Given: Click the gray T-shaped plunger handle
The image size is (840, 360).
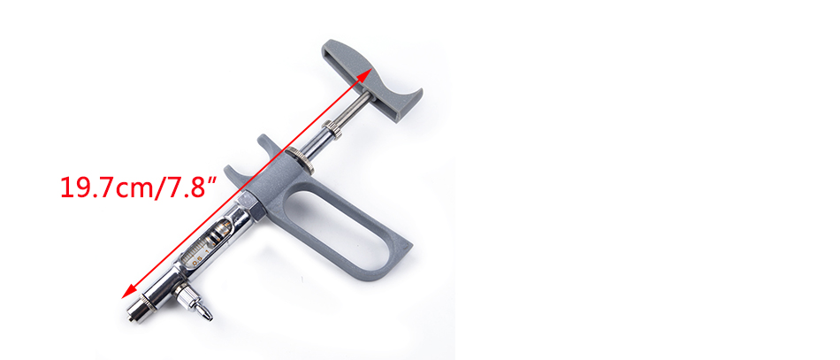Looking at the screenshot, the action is click(x=371, y=80).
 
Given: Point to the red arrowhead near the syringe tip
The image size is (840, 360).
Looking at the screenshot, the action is click(x=129, y=290).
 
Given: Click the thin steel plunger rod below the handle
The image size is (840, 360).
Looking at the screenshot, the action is click(x=354, y=110).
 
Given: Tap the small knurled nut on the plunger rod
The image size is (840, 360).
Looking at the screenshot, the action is click(x=332, y=130).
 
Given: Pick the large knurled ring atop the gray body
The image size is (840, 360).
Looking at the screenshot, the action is click(x=299, y=159).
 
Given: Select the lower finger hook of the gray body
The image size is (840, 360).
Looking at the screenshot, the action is click(x=236, y=177).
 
